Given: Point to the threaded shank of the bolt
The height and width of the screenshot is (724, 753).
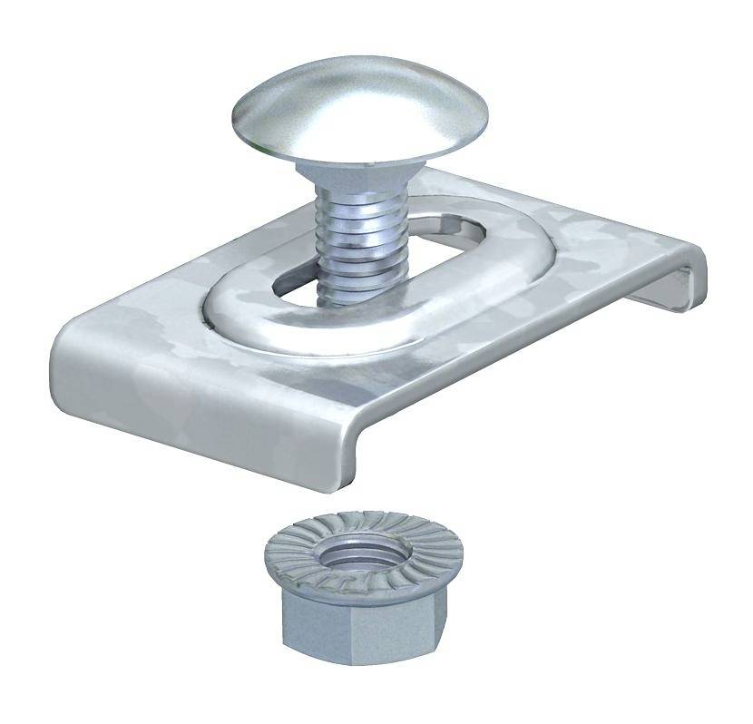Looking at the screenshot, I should (347, 245).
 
